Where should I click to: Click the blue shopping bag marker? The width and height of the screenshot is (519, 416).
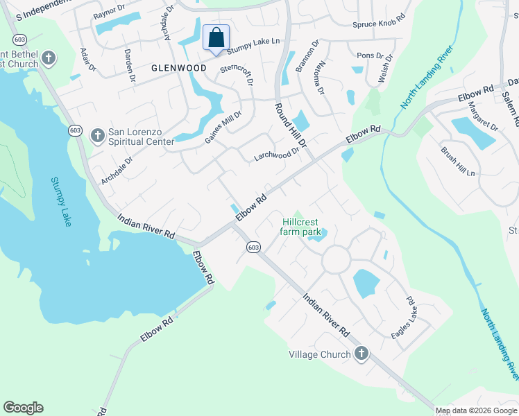coord(216,38)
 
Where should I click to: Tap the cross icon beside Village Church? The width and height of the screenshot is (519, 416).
coord(361,354)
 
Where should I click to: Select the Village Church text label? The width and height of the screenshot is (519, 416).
coord(320,354)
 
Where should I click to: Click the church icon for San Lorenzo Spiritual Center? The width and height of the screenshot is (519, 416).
coord(98,135)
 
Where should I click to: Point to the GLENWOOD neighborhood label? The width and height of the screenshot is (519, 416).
coord(179,68)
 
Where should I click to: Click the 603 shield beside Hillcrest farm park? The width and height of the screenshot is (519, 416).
coord(253,247)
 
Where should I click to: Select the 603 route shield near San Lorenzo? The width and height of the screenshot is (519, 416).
coord(75,130)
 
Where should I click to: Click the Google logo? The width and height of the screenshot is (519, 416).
coord(23,408)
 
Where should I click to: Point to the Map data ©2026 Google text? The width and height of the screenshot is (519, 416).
coord(475,410)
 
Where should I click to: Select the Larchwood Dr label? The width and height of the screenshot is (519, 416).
coord(276,153)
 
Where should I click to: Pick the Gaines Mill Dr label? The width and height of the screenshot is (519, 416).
coord(223,127)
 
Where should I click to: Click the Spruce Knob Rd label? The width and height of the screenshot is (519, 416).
coord(379,24)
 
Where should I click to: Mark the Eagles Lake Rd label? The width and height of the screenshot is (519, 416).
coord(402,318)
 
